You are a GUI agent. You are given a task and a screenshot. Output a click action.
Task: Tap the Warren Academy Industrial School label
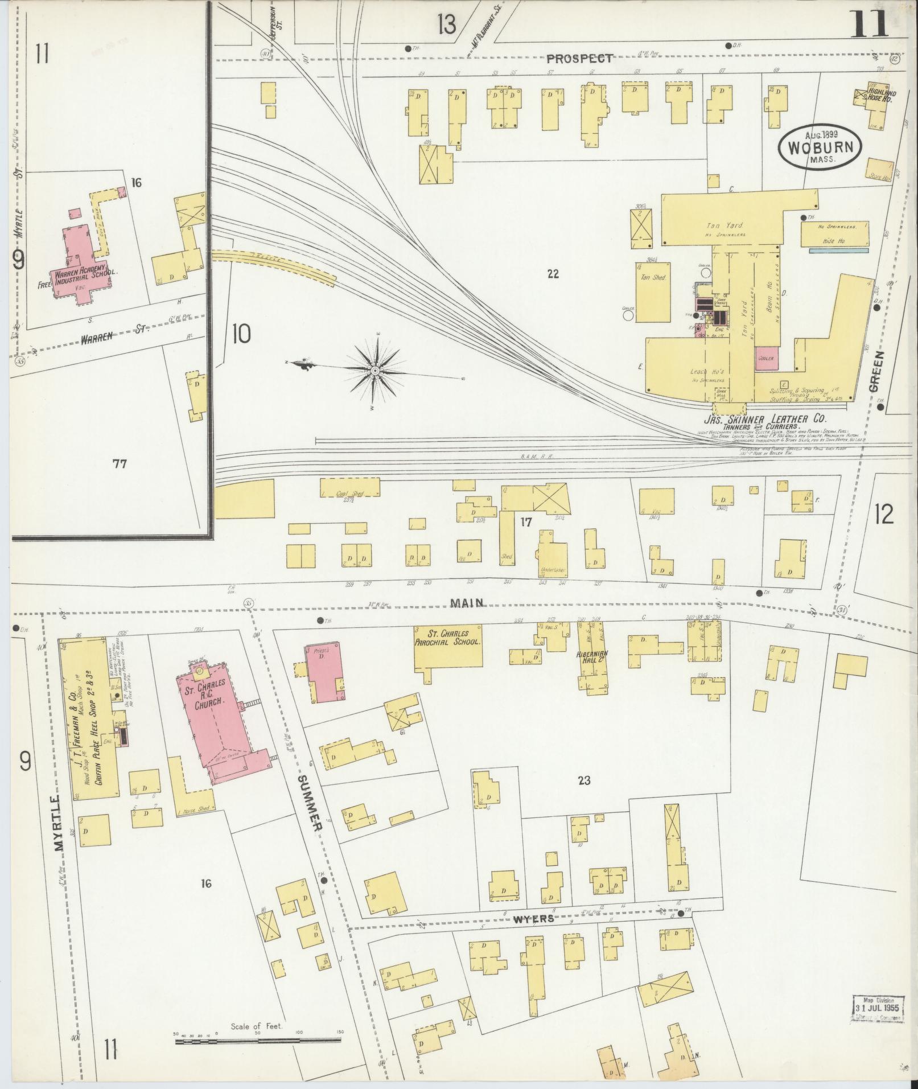point(85,277)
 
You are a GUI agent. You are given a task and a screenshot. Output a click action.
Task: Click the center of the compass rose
point(375,371)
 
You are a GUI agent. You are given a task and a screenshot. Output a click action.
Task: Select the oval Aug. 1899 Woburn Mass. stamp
point(820,147)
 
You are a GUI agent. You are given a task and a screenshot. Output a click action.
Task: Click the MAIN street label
point(467,602)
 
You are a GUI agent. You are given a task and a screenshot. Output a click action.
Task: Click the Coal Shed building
point(349,488)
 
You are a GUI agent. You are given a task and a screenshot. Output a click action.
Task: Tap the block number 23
point(584,780)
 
